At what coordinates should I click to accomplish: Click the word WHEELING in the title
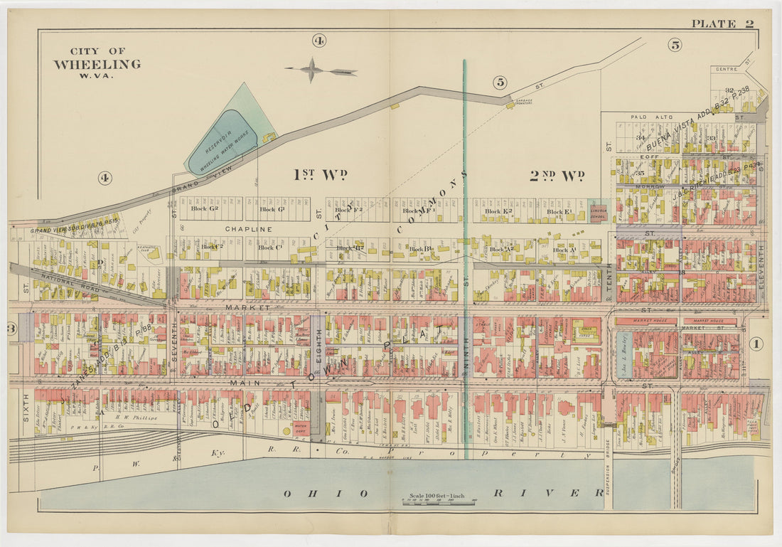97,64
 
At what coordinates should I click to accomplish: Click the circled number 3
11,328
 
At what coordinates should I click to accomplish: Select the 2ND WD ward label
557,175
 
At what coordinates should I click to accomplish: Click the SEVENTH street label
173,341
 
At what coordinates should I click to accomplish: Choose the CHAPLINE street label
248,229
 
